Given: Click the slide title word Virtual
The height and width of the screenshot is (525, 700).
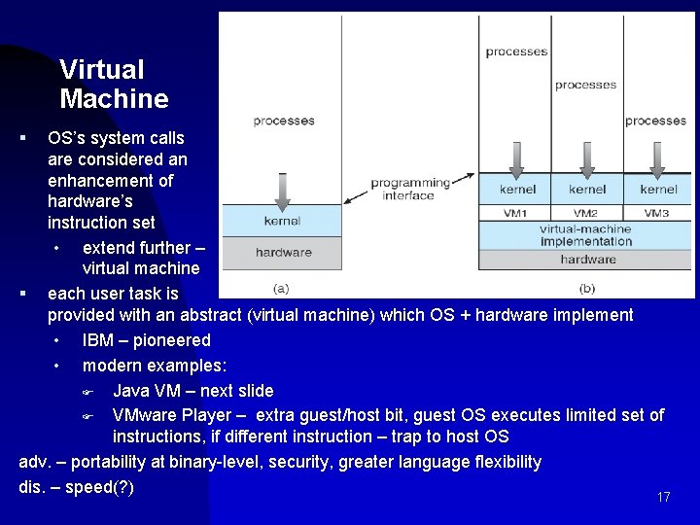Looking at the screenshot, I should (101, 70).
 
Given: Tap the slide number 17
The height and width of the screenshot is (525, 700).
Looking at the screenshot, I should (664, 498).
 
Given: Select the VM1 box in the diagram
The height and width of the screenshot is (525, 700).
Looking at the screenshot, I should (515, 213).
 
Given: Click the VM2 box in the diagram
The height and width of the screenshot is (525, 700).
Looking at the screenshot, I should (585, 213).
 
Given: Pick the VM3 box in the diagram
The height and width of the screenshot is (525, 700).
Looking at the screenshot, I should (656, 213).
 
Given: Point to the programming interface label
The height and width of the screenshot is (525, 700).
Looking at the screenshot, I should (409, 189).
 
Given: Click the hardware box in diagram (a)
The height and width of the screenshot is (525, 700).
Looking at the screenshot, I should (283, 252).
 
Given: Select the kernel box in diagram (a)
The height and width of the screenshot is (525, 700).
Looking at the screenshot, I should (282, 221).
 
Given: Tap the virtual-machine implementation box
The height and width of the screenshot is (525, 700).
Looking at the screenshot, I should (586, 235).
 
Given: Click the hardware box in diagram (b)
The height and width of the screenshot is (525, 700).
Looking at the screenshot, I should (587, 260).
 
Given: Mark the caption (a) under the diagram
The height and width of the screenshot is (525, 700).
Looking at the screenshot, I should (281, 288).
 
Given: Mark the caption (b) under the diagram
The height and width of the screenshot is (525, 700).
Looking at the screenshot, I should (587, 288).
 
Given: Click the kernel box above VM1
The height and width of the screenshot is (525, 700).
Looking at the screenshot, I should (517, 190).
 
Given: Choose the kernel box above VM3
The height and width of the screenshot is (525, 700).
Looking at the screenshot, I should (658, 190).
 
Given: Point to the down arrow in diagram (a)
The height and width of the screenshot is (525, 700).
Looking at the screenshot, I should (282, 190).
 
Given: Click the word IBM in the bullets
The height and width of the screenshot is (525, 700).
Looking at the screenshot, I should (99, 340).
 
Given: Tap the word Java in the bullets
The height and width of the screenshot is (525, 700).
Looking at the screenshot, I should (131, 391).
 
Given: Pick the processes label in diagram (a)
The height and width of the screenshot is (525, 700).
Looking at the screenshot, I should (284, 121).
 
